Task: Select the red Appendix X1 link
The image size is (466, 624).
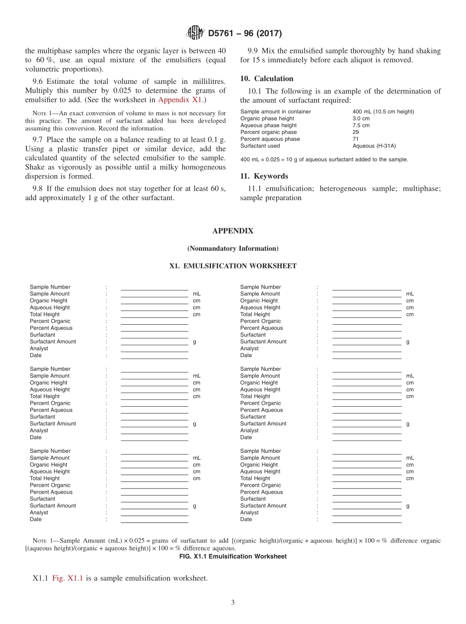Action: [180, 100]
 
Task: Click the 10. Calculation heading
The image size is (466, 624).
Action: [267, 78]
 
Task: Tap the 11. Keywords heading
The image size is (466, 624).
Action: [264, 176]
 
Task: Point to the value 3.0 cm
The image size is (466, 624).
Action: [361, 118]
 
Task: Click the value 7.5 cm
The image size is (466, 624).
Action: [361, 125]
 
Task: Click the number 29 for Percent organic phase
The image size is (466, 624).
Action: [356, 132]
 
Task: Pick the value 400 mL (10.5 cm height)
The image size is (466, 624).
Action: [383, 111]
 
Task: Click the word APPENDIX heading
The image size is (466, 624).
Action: [233, 231]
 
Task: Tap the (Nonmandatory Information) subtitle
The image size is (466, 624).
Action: [233, 248]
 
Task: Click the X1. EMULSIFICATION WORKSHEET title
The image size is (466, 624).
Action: [233, 266]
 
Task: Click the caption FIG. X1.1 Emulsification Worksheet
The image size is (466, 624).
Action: [233, 556]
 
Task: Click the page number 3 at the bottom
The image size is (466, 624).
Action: [233, 602]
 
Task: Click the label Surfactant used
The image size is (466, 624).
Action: [260, 146]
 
